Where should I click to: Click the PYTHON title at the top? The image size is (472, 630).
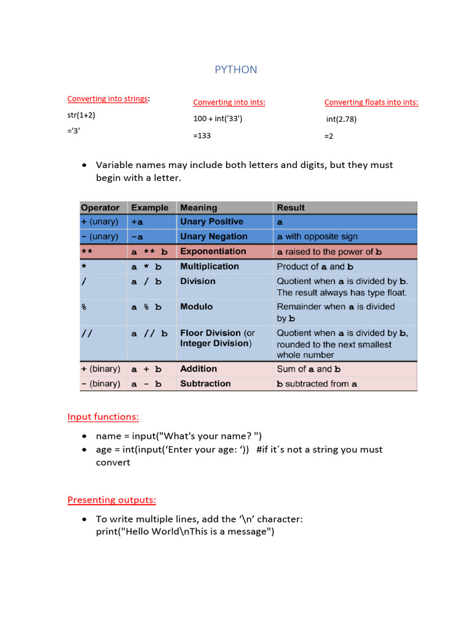[236, 70]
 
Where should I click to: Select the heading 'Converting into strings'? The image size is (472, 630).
[108, 98]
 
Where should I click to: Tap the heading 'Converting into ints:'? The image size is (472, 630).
[229, 102]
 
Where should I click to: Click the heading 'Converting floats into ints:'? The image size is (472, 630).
[371, 102]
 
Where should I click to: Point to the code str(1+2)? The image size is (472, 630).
[81, 115]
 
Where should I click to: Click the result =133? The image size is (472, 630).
[202, 135]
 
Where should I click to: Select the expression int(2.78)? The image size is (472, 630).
[342, 119]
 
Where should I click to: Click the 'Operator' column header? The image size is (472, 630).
[100, 208]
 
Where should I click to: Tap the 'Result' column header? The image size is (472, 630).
[291, 208]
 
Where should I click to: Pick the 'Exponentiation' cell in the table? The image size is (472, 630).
[213, 251]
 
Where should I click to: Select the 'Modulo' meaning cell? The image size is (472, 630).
[196, 306]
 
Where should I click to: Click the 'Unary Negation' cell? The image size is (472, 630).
[213, 236]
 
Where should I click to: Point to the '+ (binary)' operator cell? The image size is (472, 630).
[100, 369]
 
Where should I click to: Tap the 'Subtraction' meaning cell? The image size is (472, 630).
[205, 383]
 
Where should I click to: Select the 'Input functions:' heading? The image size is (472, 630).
[103, 417]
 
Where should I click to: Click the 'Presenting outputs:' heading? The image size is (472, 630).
[111, 500]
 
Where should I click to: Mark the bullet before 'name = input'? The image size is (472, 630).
[85, 436]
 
